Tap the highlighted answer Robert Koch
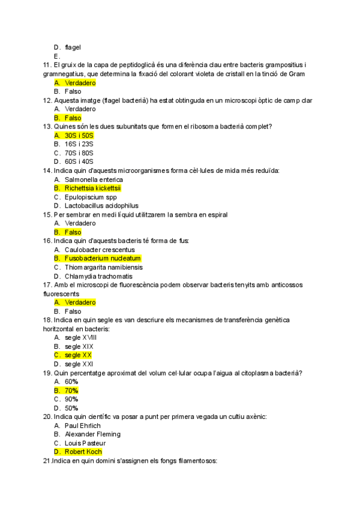[83, 451]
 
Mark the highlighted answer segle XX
[78, 355]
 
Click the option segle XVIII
[80, 337]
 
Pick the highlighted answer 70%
[71, 390]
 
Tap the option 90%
[71, 399]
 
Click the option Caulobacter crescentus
[100, 250]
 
